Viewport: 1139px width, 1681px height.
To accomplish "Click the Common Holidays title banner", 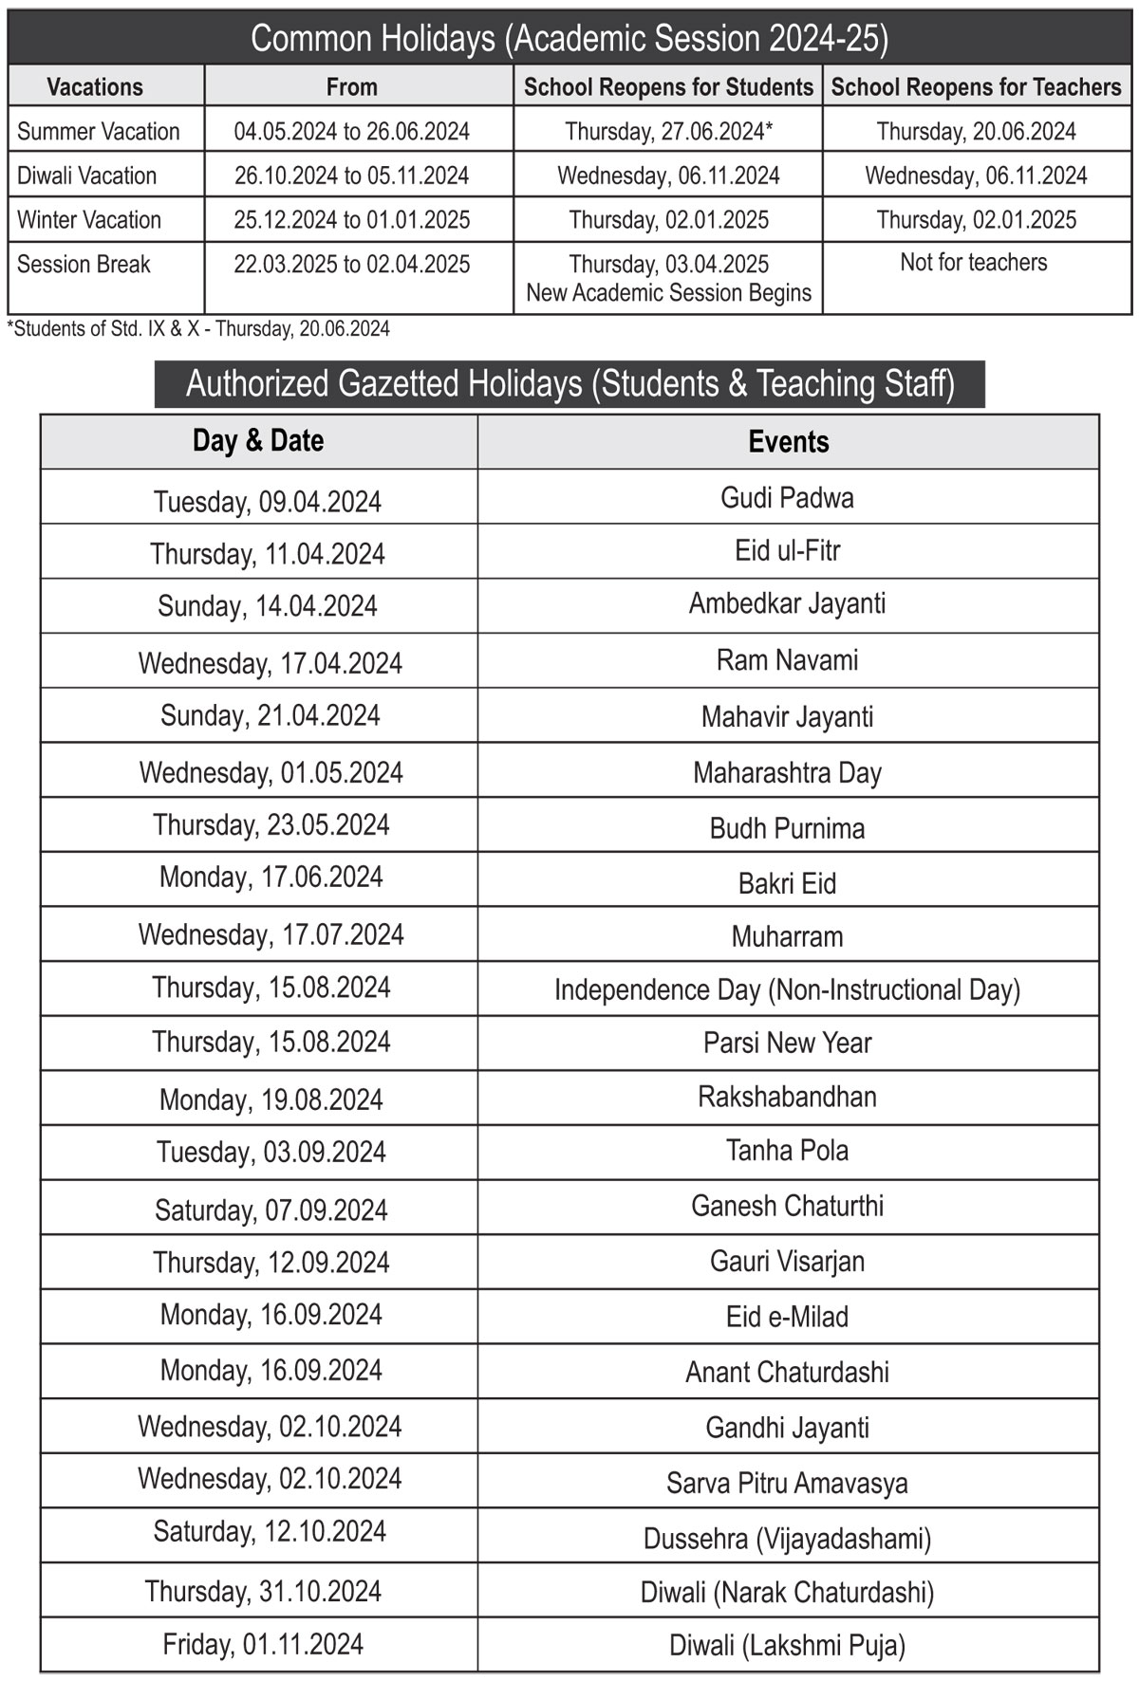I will [569, 39].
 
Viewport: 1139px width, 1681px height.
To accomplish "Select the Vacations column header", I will [95, 87].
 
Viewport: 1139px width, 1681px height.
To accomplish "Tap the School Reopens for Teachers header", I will [976, 87].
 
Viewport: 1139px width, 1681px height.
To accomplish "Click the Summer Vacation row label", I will [99, 131].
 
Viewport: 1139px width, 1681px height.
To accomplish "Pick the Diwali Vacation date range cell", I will [351, 175].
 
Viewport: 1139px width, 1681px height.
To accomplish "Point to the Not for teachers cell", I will [974, 263].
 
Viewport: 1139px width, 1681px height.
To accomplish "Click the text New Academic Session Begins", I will [668, 293].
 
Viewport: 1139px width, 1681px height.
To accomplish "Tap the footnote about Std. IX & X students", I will [199, 329].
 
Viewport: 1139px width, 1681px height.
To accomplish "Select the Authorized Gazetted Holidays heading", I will [569, 384].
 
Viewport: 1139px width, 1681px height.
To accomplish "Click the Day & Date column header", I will [258, 441].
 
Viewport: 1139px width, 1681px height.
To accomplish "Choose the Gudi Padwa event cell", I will [787, 498].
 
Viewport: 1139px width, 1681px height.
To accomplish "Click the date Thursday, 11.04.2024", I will [268, 554].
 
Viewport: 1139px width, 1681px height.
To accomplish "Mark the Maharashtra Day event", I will [787, 773].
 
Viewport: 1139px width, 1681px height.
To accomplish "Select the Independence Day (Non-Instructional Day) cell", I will [787, 990].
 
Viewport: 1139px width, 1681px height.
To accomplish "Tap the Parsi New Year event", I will [787, 1044].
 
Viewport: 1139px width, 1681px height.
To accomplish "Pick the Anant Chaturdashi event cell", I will [787, 1373].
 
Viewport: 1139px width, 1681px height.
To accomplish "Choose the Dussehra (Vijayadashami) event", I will [787, 1539].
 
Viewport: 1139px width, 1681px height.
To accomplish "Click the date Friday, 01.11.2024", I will [263, 1644].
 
